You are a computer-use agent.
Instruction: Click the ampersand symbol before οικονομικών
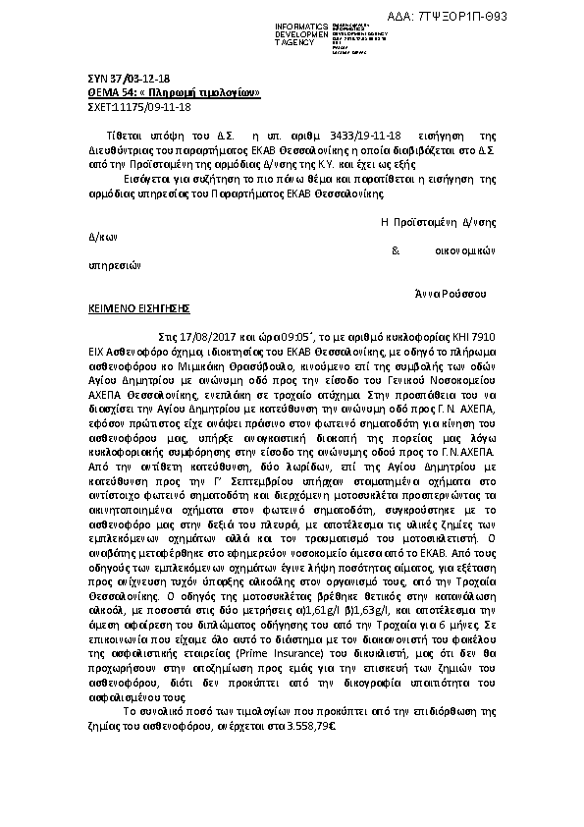(x=395, y=249)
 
